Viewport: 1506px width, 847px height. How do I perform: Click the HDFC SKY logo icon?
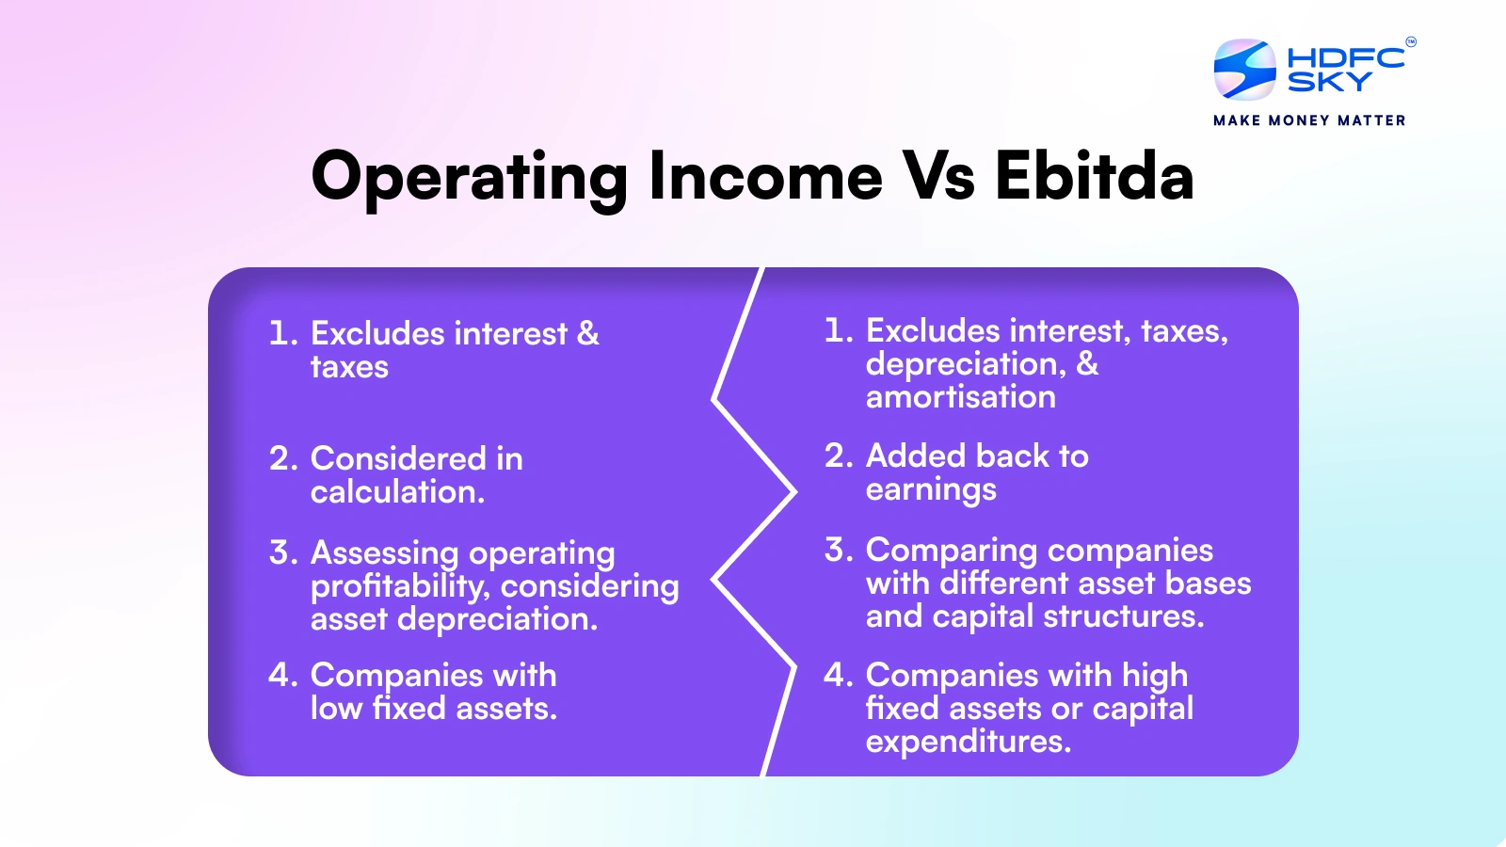tap(1244, 70)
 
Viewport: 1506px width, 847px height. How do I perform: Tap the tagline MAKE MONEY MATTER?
tap(1309, 120)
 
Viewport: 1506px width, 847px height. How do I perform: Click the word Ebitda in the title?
tap(1095, 176)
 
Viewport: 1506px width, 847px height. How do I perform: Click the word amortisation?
tap(961, 396)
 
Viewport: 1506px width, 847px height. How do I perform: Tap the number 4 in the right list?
tap(839, 674)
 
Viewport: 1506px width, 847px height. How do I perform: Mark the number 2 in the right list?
tap(839, 455)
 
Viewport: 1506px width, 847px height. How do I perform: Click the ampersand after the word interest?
tap(587, 333)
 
